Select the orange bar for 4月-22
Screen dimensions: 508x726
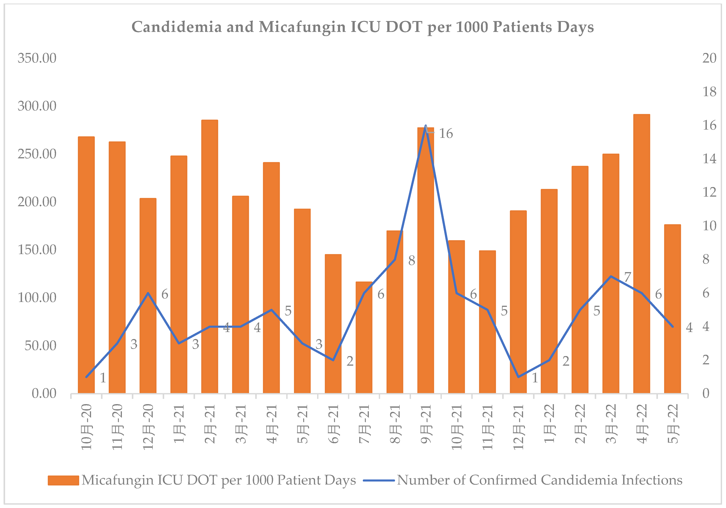642,253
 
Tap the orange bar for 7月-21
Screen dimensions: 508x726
364,338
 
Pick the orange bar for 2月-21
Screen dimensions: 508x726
210,256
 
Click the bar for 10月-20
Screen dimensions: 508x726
86,265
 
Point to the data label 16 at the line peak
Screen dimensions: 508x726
446,134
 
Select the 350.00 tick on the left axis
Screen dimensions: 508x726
37,58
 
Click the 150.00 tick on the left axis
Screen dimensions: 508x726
37,250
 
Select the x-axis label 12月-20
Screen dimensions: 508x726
148,426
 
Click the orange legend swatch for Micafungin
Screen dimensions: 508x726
63,480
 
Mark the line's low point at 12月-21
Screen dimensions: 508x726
518,377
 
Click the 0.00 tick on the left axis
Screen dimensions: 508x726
44,394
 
